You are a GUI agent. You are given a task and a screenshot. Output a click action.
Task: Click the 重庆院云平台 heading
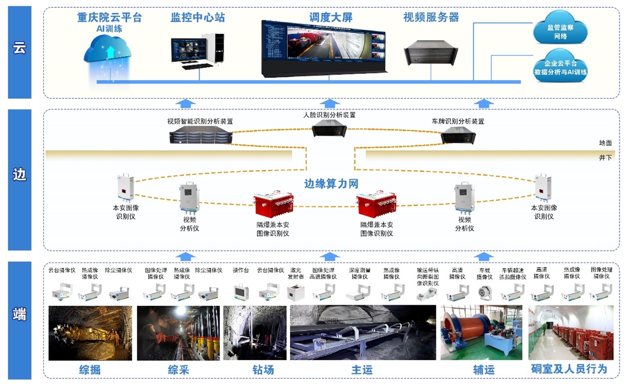tap(109, 18)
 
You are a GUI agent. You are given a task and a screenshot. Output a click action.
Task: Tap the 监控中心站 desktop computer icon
tap(198, 50)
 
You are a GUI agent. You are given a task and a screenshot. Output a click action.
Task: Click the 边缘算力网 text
tap(331, 184)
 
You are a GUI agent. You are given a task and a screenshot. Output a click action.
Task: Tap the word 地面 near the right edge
tap(605, 143)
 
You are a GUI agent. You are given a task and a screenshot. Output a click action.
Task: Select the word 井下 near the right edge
tap(605, 158)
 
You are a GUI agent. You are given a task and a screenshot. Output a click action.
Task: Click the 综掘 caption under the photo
tap(90, 370)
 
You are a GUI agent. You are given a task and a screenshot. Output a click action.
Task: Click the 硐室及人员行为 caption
tap(569, 370)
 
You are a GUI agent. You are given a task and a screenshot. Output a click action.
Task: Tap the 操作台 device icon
tap(241, 292)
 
